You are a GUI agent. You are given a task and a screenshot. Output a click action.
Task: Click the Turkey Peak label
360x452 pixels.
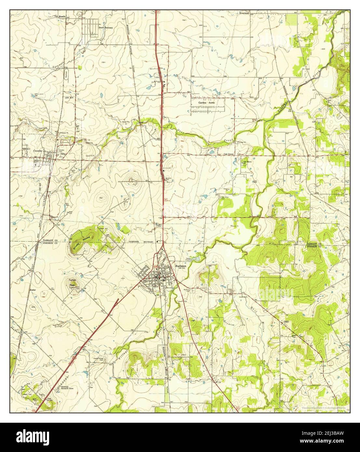72,282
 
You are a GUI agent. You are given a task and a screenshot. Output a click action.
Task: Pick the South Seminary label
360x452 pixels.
106,28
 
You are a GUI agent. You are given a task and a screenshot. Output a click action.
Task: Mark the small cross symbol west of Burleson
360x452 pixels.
123,278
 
